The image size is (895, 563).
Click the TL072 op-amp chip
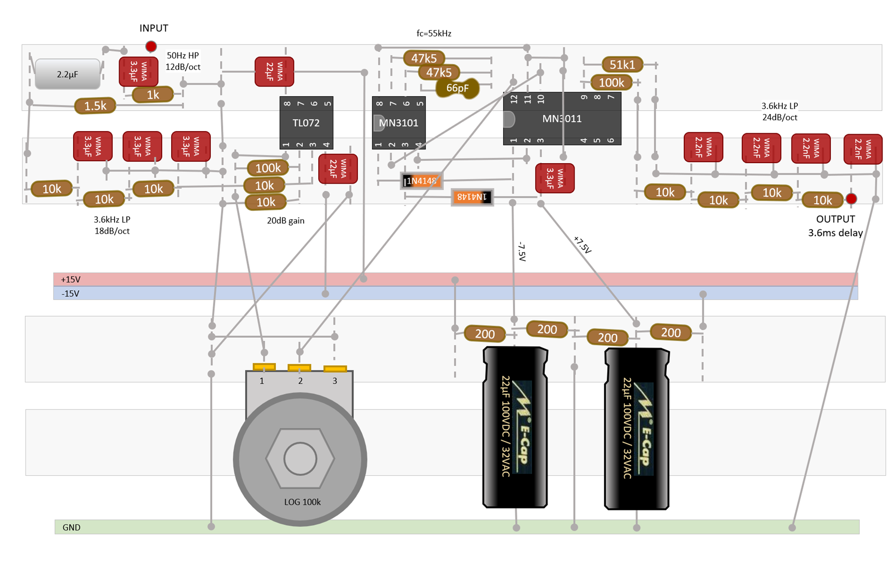pos(306,123)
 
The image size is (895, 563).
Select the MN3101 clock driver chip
pos(398,123)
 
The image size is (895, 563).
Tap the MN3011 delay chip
pos(562,119)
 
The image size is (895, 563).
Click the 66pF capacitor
pos(458,89)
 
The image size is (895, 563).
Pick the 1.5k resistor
pos(95,106)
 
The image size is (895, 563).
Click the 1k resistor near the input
pos(153,95)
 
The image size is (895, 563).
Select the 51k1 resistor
pos(622,65)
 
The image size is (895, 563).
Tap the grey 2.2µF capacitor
pos(68,74)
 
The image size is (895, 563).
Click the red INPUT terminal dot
pos(151,47)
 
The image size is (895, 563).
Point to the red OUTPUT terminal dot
pos(851,199)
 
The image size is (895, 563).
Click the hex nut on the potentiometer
pos(300,458)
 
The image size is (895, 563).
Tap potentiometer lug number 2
pos(299,368)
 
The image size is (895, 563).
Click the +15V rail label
pos(71,279)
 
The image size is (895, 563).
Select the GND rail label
pos(72,527)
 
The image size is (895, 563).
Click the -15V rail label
pos(70,293)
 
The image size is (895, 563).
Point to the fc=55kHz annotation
pos(434,34)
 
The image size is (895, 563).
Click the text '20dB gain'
pos(286,220)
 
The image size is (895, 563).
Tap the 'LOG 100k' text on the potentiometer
pos(302,502)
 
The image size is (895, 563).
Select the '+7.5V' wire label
pos(583,245)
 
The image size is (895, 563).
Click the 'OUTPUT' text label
pos(835,219)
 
